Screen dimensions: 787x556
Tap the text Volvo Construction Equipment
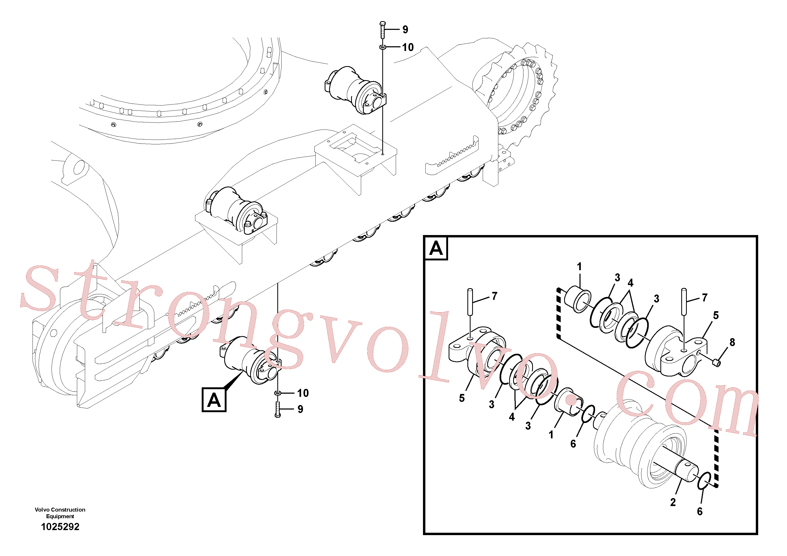click(x=60, y=513)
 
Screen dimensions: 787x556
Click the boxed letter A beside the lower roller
click(x=214, y=400)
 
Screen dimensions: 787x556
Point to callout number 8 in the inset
click(x=732, y=342)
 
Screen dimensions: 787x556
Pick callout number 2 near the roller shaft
click(x=673, y=502)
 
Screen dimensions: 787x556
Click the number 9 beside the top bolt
click(x=405, y=30)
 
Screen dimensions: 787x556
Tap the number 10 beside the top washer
click(x=408, y=47)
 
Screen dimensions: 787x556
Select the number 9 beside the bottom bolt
click(x=300, y=409)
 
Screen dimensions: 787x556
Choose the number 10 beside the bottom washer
click(x=303, y=393)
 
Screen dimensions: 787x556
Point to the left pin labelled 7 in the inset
click(x=470, y=302)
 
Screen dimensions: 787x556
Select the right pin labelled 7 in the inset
click(x=684, y=302)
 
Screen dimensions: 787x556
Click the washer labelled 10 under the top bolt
click(x=383, y=47)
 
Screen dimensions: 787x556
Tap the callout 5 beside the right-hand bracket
click(x=716, y=315)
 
